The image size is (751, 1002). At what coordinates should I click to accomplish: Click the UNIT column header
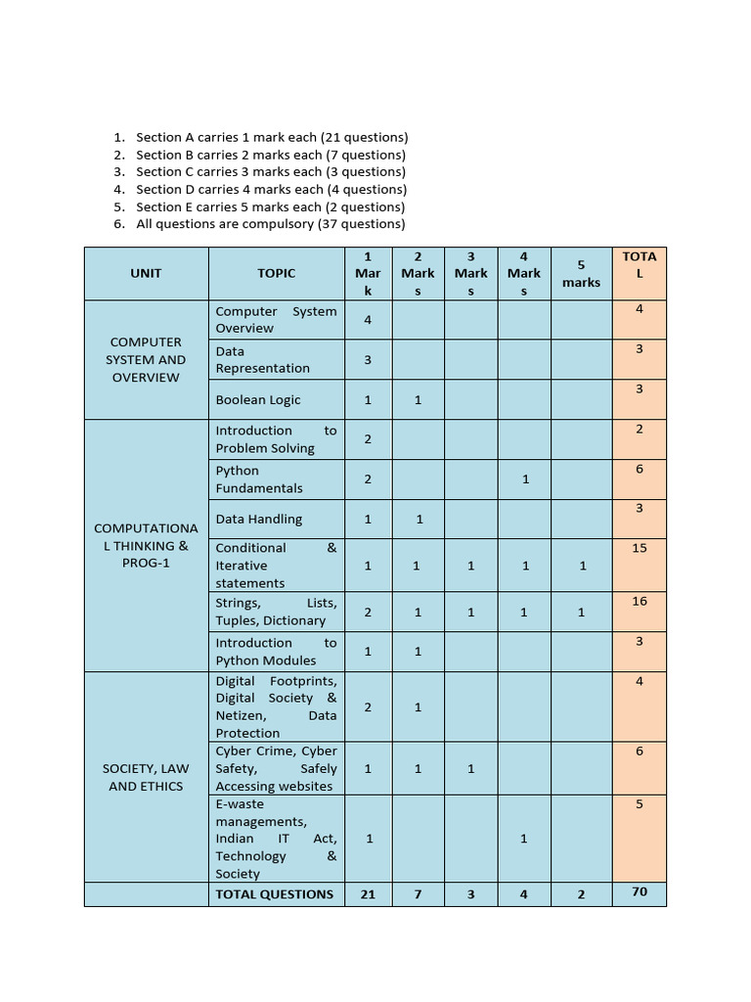pyautogui.click(x=146, y=273)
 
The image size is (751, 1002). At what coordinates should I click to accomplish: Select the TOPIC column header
pyautogui.click(x=276, y=273)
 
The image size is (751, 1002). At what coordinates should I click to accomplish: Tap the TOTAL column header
pyautogui.click(x=640, y=264)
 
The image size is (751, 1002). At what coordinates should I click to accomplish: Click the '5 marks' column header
pyautogui.click(x=581, y=273)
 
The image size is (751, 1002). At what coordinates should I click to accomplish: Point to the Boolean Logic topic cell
pyautogui.click(x=258, y=399)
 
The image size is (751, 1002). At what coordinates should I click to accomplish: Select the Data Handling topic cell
pyautogui.click(x=259, y=519)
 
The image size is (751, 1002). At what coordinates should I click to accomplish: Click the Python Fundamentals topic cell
pyautogui.click(x=259, y=478)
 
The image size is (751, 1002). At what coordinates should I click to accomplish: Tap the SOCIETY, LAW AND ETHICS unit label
pyautogui.click(x=146, y=777)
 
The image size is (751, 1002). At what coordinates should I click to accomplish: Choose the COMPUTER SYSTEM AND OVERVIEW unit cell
pyautogui.click(x=146, y=359)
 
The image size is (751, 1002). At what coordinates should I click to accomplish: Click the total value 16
pyautogui.click(x=640, y=601)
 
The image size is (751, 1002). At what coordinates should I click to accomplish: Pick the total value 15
pyautogui.click(x=640, y=548)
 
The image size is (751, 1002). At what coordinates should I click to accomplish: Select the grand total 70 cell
pyautogui.click(x=640, y=891)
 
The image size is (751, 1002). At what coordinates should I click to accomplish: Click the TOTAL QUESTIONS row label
pyautogui.click(x=275, y=893)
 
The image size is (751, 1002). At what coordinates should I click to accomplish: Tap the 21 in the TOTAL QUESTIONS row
pyautogui.click(x=368, y=893)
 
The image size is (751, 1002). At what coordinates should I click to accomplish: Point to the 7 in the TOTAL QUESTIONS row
pyautogui.click(x=418, y=893)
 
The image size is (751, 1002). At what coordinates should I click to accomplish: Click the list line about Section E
pyautogui.click(x=270, y=206)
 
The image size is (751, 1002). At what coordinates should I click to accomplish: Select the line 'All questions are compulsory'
pyautogui.click(x=270, y=223)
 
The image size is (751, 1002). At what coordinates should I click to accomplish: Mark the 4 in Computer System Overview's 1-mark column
pyautogui.click(x=368, y=319)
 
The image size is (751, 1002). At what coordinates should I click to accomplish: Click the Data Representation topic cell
pyautogui.click(x=262, y=359)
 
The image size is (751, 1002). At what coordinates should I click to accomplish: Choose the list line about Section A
pyautogui.click(x=272, y=137)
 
